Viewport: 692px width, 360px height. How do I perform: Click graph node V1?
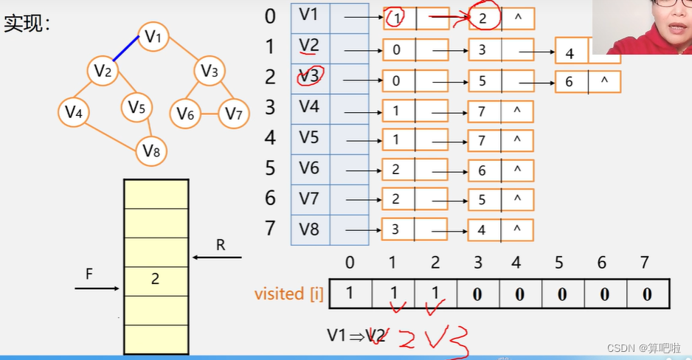click(153, 37)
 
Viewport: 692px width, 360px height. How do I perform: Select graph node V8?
click(151, 151)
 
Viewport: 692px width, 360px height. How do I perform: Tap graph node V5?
click(136, 108)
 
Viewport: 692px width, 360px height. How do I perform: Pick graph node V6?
click(185, 114)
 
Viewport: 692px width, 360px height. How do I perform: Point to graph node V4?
click(73, 112)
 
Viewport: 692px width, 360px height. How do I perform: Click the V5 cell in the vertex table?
click(310, 137)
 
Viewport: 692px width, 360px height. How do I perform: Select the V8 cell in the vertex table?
click(310, 229)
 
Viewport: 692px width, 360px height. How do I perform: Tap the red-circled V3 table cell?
click(310, 76)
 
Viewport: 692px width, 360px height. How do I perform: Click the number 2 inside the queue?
click(156, 279)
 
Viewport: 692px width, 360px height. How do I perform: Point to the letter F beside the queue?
click(89, 274)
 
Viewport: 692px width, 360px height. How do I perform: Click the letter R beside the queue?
click(220, 245)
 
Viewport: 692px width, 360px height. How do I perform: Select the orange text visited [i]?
click(288, 294)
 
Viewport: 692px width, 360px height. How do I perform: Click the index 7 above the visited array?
click(646, 263)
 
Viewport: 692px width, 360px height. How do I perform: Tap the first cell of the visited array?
click(350, 294)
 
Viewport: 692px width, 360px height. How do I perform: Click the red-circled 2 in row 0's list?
click(482, 18)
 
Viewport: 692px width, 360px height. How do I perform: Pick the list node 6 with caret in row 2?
click(569, 82)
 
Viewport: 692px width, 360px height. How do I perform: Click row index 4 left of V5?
click(271, 138)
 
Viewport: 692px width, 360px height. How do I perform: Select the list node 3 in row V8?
click(396, 229)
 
